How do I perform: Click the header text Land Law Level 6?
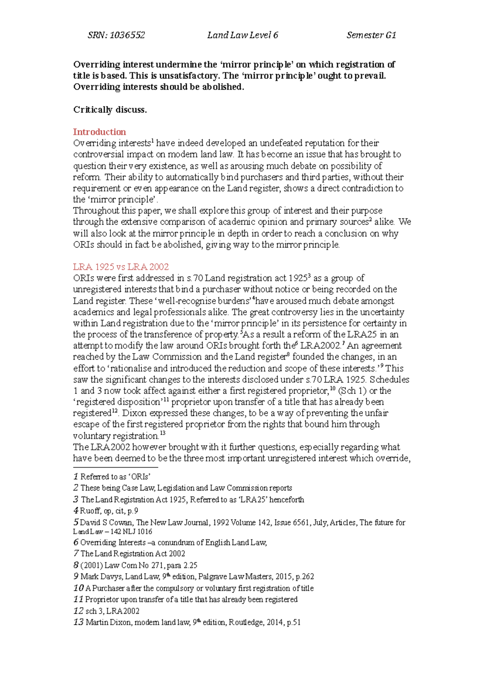click(242, 35)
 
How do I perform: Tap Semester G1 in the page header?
click(371, 35)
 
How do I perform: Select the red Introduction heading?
click(99, 132)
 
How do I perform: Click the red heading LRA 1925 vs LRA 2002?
click(121, 267)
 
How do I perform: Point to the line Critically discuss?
click(110, 109)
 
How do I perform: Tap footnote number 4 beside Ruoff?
click(76, 511)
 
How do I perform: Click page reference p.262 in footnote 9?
click(305, 577)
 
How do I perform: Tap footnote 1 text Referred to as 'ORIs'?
click(115, 477)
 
